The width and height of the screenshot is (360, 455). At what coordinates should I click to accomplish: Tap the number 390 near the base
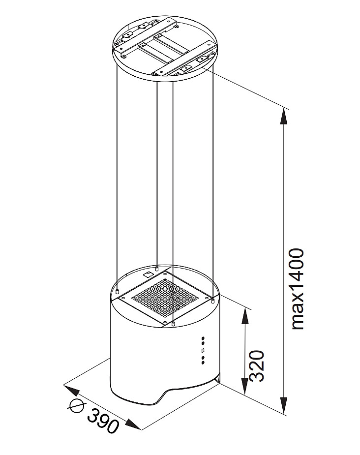click(x=103, y=420)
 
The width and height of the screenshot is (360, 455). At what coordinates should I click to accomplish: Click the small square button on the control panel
click(x=202, y=350)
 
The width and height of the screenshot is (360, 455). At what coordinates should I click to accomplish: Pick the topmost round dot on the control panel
click(x=202, y=339)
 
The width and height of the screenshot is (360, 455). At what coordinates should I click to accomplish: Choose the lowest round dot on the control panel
click(x=202, y=363)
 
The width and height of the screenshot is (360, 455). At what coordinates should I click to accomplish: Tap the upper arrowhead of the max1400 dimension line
click(x=283, y=117)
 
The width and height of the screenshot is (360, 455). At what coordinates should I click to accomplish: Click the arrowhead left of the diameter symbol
click(x=71, y=391)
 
